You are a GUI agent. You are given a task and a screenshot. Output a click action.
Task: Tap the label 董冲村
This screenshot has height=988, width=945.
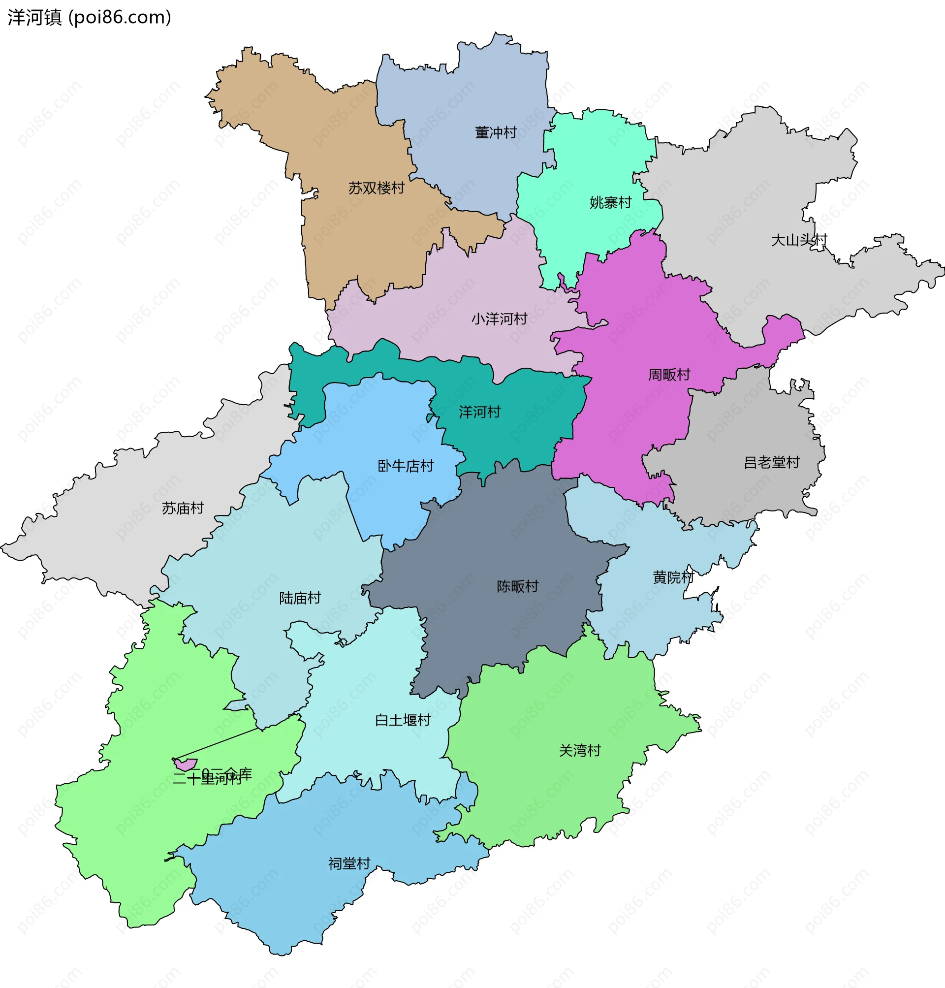pyautogui.click(x=496, y=132)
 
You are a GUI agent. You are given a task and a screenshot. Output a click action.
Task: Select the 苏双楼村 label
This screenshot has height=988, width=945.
pyautogui.click(x=377, y=188)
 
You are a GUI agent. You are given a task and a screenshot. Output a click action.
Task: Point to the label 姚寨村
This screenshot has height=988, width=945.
pyautogui.click(x=610, y=202)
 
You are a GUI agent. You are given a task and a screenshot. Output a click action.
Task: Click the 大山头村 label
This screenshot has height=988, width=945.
pyautogui.click(x=799, y=240)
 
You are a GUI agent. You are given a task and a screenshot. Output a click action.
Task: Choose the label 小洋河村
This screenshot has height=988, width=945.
pyautogui.click(x=499, y=319)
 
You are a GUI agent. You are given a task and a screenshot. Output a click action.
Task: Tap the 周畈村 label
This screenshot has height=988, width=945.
pyautogui.click(x=669, y=374)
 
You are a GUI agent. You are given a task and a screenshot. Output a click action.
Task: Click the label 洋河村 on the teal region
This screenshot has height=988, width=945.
pyautogui.click(x=479, y=412)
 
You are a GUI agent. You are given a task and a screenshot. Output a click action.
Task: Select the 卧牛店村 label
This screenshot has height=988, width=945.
pyautogui.click(x=406, y=466)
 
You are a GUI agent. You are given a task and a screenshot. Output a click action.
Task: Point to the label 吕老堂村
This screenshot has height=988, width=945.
pyautogui.click(x=772, y=462)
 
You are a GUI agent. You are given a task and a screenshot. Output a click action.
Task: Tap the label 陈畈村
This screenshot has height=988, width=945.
pyautogui.click(x=517, y=586)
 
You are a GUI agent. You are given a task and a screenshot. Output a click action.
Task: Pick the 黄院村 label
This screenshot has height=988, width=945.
pyautogui.click(x=673, y=577)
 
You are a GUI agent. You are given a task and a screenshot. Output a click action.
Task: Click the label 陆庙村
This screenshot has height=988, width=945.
pyautogui.click(x=300, y=598)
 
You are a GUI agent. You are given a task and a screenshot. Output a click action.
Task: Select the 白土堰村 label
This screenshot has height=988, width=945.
pyautogui.click(x=403, y=720)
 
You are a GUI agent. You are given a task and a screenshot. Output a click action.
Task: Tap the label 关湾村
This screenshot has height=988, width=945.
pyautogui.click(x=580, y=750)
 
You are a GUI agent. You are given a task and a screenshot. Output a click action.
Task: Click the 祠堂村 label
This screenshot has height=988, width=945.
pyautogui.click(x=349, y=863)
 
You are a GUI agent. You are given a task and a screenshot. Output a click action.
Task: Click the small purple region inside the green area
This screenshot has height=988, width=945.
pyautogui.click(x=186, y=765)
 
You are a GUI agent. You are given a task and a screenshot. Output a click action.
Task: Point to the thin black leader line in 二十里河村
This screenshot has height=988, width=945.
pyautogui.click(x=217, y=743)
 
